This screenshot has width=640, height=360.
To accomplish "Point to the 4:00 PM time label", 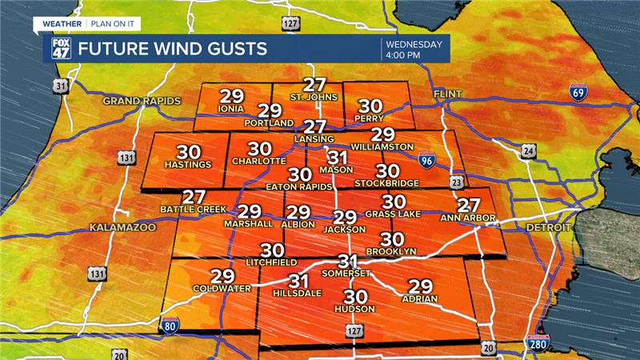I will (x=406, y=55).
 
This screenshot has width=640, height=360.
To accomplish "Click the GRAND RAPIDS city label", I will (x=142, y=101).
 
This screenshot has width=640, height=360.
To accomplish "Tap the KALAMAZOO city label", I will (x=122, y=227).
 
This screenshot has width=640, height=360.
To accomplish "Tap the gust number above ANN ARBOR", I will (x=468, y=204).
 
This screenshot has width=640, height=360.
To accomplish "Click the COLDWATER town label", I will (x=222, y=288).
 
